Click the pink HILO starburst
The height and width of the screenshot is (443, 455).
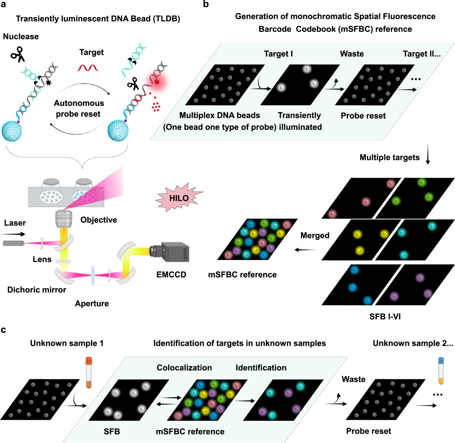point(179,198)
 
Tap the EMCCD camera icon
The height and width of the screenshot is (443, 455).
point(170,252)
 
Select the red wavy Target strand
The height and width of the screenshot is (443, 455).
point(88,68)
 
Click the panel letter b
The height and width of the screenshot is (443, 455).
point(206,4)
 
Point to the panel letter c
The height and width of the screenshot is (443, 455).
point(3,330)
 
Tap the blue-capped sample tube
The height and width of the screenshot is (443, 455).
point(441,370)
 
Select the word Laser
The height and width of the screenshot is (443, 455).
point(15,223)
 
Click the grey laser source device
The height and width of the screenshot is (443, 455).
point(14,243)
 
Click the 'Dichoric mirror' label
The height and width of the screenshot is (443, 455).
point(37,290)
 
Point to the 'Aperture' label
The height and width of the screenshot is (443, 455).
point(92,303)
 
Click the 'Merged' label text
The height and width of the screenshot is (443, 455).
point(315,235)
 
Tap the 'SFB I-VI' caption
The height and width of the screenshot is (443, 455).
point(385,316)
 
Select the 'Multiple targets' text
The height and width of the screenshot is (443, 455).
point(389,157)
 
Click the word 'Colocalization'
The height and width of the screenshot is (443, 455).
point(184,367)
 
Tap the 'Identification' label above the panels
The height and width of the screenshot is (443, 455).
point(261,367)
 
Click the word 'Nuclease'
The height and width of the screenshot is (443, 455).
point(21,36)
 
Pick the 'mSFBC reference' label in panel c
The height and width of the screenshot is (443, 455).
point(190,432)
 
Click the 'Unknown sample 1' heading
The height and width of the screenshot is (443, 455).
point(67,343)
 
